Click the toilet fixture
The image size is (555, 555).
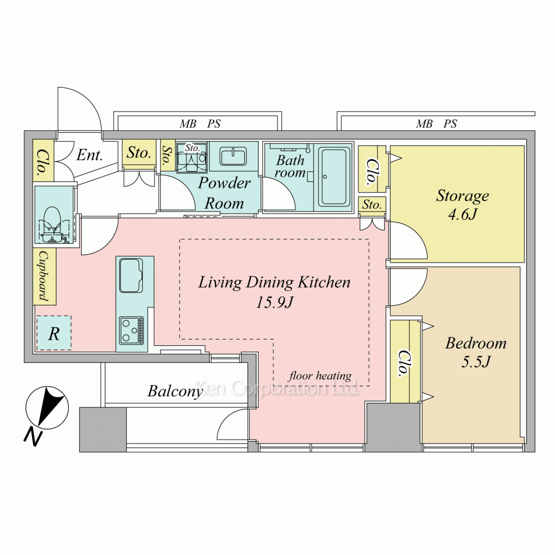53,224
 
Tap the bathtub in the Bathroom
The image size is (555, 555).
334,176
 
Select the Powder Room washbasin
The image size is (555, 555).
233,157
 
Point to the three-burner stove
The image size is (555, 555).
132,331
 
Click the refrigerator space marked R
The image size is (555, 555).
54,333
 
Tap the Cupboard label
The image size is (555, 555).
44,276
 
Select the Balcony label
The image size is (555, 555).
175,391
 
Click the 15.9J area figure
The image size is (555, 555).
274,302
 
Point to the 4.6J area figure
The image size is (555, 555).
463,214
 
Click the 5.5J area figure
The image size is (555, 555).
476,361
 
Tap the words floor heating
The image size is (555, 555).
320,376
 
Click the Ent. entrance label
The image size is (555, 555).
89,155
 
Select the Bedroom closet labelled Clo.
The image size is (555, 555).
403,363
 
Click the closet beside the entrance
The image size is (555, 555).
43,161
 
